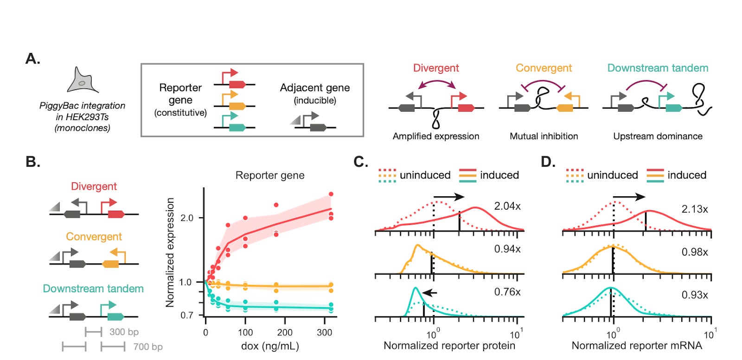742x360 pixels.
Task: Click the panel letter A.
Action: pyautogui.click(x=32, y=59)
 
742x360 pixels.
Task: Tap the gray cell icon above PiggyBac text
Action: pyautogui.click(x=82, y=81)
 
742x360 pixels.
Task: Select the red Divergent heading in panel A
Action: pyautogui.click(x=436, y=68)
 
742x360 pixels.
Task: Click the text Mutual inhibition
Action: pyautogui.click(x=544, y=136)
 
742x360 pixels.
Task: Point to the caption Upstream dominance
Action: pyautogui.click(x=658, y=136)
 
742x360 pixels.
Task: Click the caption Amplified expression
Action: pyautogui.click(x=436, y=136)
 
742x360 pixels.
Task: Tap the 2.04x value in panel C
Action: pyautogui.click(x=507, y=206)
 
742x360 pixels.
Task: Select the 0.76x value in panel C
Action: pyautogui.click(x=507, y=292)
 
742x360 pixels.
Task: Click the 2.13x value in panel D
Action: pyautogui.click(x=695, y=209)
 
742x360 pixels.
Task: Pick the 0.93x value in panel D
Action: pyautogui.click(x=695, y=295)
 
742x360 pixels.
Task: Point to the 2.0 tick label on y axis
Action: pyautogui.click(x=186, y=218)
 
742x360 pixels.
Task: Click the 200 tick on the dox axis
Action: pyautogui.click(x=285, y=333)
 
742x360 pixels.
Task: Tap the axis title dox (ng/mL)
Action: pyautogui.click(x=270, y=346)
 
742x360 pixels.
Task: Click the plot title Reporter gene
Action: pyautogui.click(x=270, y=175)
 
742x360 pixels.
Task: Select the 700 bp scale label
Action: pyautogui.click(x=148, y=347)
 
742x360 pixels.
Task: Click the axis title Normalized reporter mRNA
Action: pyautogui.click(x=637, y=346)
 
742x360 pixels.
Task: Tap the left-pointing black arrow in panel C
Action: pyautogui.click(x=430, y=293)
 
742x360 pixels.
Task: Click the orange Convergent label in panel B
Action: pyautogui.click(x=94, y=237)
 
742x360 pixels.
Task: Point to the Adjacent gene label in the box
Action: pyautogui.click(x=315, y=88)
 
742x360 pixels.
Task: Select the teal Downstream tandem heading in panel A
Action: pyautogui.click(x=658, y=68)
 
